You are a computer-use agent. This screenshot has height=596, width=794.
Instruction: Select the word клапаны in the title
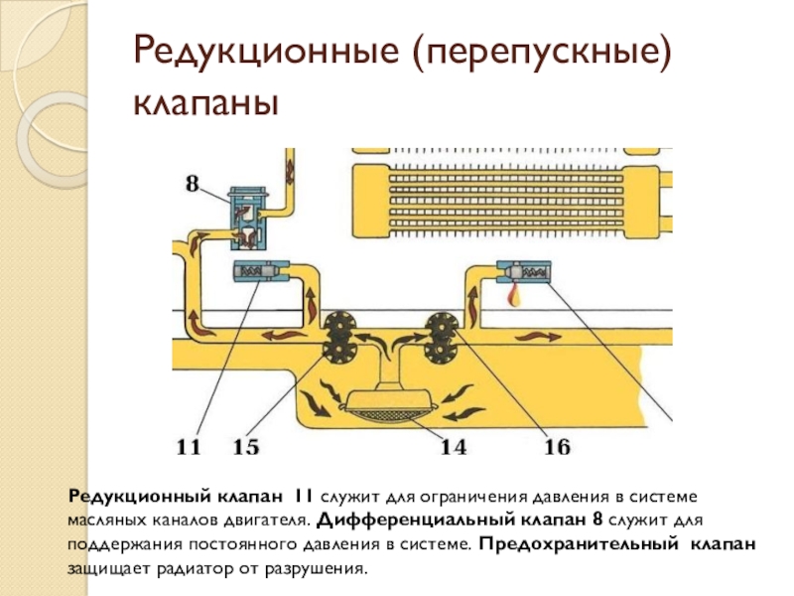point(205,103)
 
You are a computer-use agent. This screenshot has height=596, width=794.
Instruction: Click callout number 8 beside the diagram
point(194,183)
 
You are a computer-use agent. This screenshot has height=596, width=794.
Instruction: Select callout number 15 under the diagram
point(246,448)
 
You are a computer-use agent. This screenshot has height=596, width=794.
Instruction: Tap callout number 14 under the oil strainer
point(453,448)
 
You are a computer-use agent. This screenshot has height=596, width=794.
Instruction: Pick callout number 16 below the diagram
point(558,448)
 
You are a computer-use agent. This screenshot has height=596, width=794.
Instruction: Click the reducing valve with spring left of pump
point(260,270)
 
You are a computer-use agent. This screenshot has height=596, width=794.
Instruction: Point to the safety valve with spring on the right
point(524,270)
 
